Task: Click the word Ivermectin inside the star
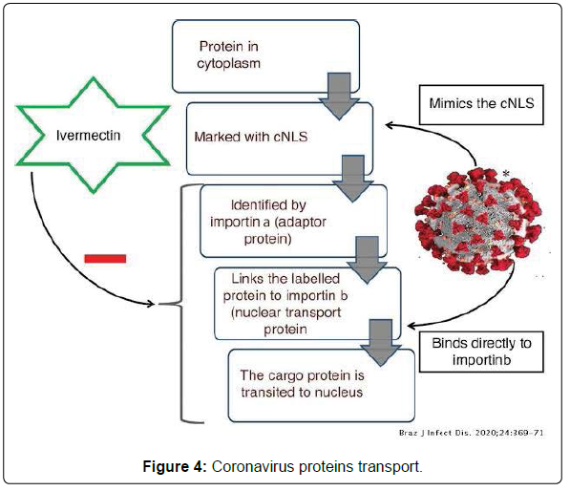pyautogui.click(x=88, y=136)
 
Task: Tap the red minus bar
pyautogui.click(x=105, y=259)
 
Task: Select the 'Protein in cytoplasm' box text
pyautogui.click(x=228, y=54)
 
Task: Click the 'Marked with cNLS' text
pyautogui.click(x=251, y=137)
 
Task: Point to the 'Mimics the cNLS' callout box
pyautogui.click(x=481, y=105)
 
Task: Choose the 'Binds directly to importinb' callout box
pyautogui.click(x=481, y=352)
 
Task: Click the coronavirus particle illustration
pyautogui.click(x=478, y=221)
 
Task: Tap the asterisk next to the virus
pyautogui.click(x=506, y=174)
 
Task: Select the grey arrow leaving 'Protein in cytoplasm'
pyautogui.click(x=339, y=96)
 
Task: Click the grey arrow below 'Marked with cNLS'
pyautogui.click(x=353, y=179)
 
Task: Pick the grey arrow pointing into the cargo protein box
pyautogui.click(x=381, y=343)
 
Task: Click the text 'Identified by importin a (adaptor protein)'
pyautogui.click(x=268, y=222)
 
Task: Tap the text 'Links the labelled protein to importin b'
pyautogui.click(x=285, y=288)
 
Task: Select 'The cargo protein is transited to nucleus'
pyautogui.click(x=302, y=384)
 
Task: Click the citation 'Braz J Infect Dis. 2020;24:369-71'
pyautogui.click(x=471, y=433)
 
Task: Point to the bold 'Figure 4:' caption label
pyautogui.click(x=175, y=466)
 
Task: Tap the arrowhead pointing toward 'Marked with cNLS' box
pyautogui.click(x=390, y=125)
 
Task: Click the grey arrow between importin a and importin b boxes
pyautogui.click(x=367, y=261)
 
